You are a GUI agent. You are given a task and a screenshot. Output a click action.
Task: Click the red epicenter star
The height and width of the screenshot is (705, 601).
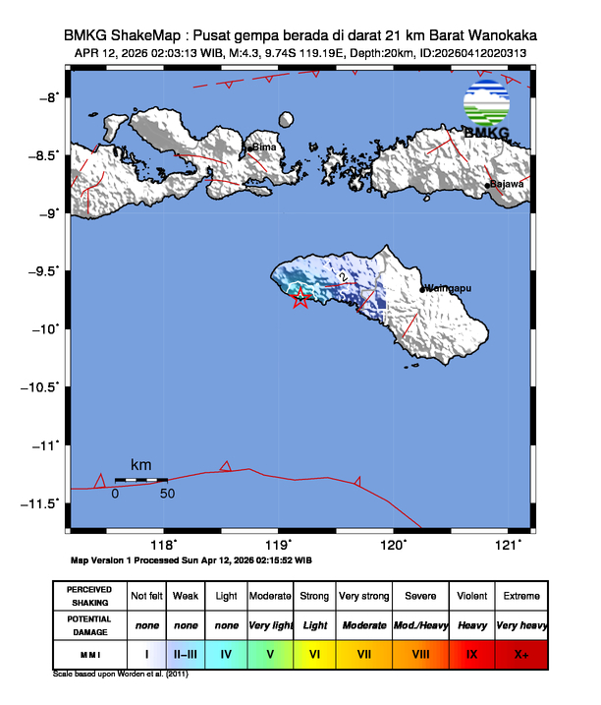coord(300,299)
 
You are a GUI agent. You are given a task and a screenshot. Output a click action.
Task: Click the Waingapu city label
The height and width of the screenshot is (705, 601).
coord(450,289)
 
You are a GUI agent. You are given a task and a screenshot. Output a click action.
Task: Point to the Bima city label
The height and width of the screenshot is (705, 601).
coord(264,147)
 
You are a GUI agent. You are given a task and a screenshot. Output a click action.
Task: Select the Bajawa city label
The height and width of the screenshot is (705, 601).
coord(508,184)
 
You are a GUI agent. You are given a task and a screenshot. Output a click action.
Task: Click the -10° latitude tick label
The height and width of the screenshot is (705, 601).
coord(44,328)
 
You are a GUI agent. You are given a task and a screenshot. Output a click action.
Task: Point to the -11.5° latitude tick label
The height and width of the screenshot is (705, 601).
coord(40,503)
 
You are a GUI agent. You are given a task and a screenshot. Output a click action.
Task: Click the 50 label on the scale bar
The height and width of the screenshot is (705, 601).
coord(167,494)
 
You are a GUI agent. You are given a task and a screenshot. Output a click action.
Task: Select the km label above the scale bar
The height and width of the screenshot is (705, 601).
coord(140,464)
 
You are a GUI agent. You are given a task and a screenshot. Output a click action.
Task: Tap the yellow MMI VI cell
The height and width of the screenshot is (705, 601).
coord(314,653)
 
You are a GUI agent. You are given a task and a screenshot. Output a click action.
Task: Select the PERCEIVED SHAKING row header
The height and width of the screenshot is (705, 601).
coord(88,596)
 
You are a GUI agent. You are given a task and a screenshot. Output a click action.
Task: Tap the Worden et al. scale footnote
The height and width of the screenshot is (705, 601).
coord(120,675)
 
